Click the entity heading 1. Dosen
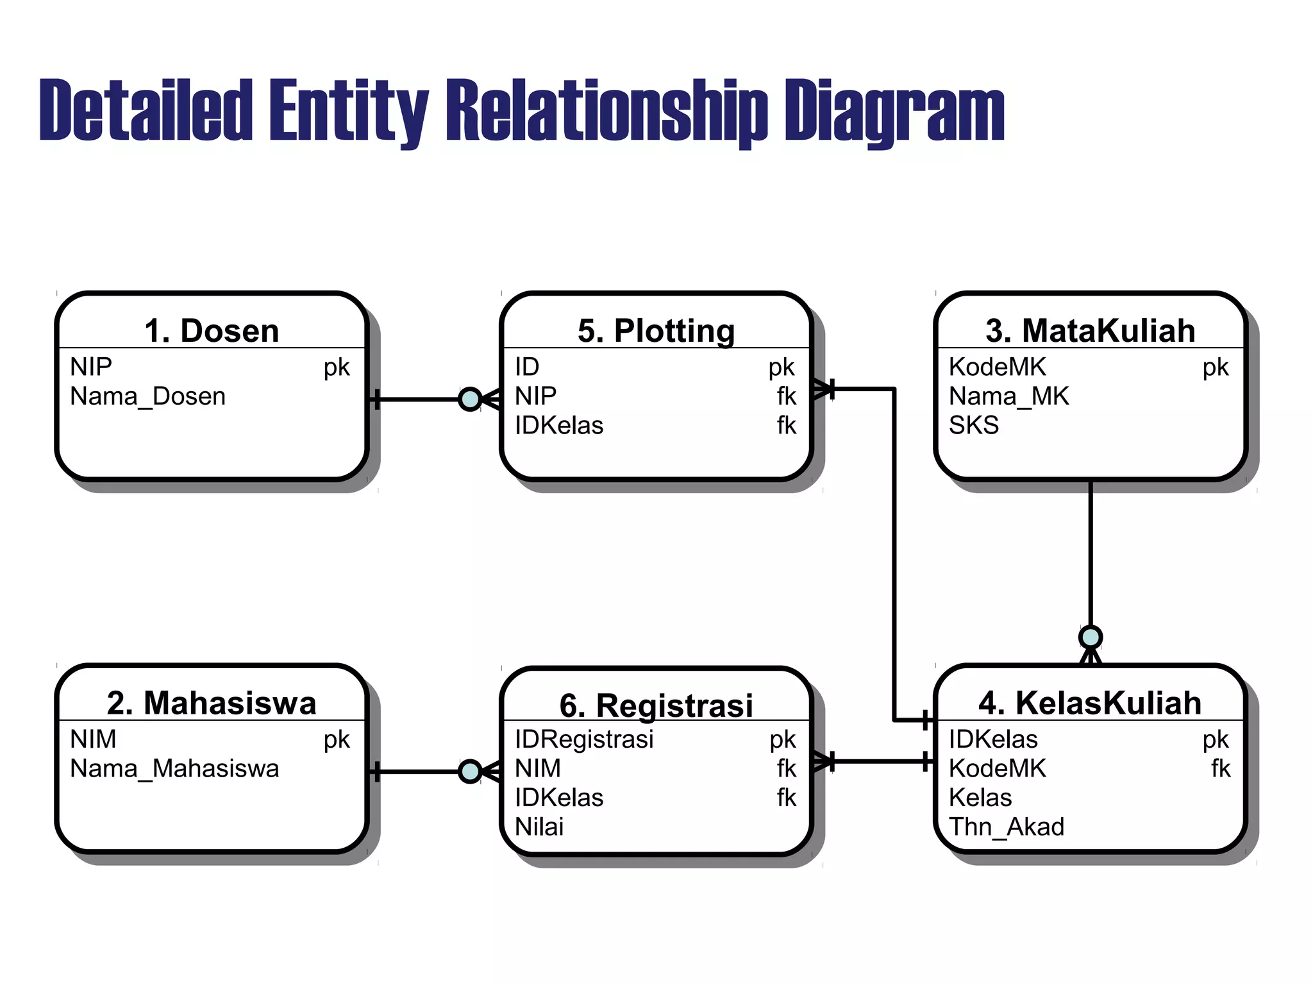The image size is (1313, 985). click(212, 331)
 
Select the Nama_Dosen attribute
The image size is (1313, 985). click(147, 396)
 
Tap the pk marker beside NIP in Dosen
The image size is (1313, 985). click(337, 367)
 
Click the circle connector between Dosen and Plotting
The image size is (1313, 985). click(470, 399)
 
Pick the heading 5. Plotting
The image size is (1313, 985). click(656, 331)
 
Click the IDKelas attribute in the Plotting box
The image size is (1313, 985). click(559, 426)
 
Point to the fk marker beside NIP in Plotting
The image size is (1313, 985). click(786, 396)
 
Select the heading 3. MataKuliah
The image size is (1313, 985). click(1090, 331)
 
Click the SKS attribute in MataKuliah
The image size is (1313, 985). click(974, 426)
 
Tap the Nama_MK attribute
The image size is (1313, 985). click(1008, 396)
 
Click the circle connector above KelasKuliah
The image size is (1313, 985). click(1090, 637)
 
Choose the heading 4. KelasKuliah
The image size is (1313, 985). click(1090, 703)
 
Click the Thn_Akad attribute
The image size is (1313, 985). click(1006, 827)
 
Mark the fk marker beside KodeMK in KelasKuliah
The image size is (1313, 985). click(1221, 768)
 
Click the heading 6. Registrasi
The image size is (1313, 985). click(656, 705)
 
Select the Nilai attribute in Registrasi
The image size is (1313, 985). click(539, 827)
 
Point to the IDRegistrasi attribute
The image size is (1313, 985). click(584, 739)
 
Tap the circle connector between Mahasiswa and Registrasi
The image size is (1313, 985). click(470, 771)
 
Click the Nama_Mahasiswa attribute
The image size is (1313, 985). click(174, 768)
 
